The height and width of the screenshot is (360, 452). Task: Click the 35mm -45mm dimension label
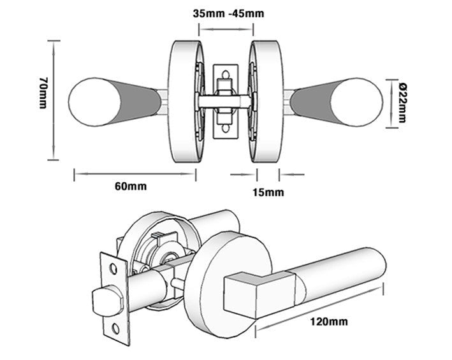tap(228, 13)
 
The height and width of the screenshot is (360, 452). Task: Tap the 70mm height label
tap(43, 92)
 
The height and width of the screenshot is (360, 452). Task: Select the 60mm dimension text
tap(131, 186)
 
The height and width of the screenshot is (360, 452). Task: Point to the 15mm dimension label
tap(268, 192)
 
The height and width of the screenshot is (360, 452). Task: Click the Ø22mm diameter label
tap(402, 103)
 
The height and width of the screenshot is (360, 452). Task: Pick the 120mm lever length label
tap(329, 321)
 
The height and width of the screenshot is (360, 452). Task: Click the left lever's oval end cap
tap(94, 102)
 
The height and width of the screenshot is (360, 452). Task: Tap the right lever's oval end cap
tap(357, 102)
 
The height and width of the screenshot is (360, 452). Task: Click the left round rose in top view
tap(186, 101)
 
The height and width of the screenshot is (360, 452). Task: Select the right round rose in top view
tap(266, 101)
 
